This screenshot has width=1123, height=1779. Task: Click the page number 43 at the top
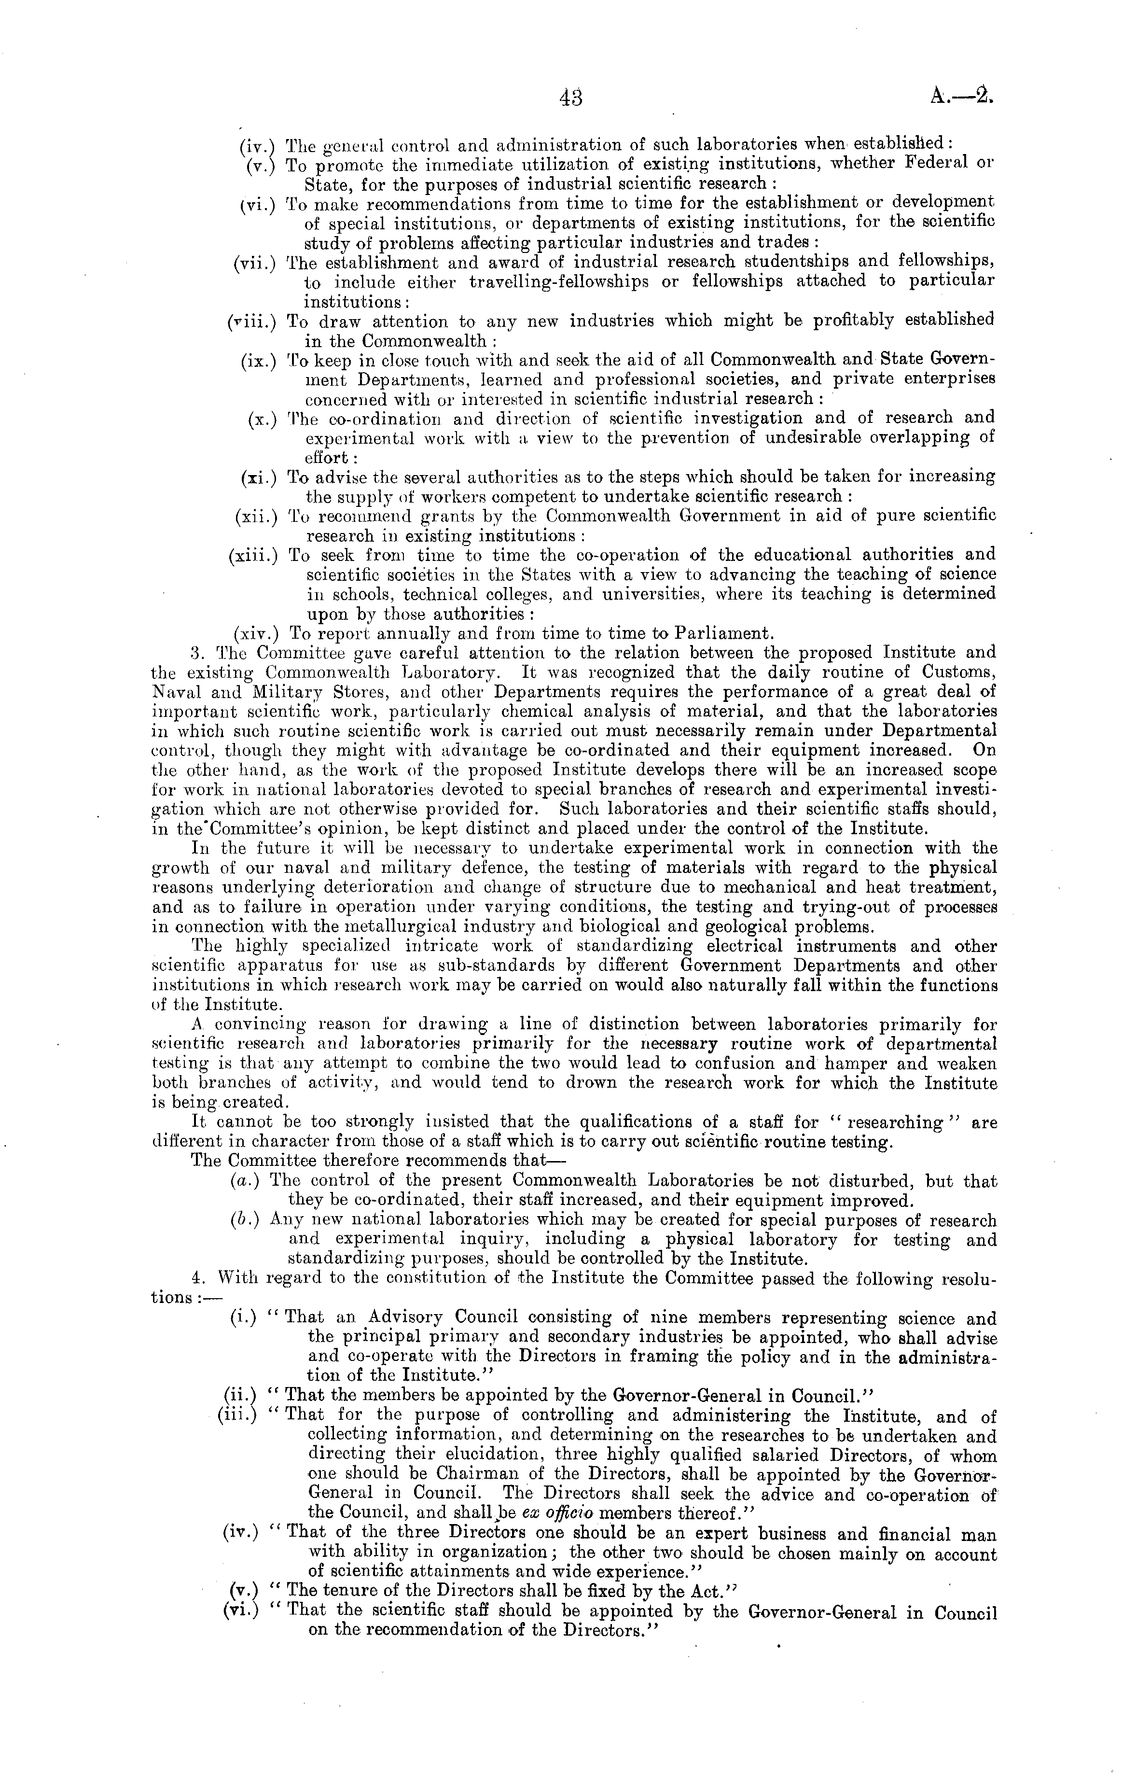pos(571,98)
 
